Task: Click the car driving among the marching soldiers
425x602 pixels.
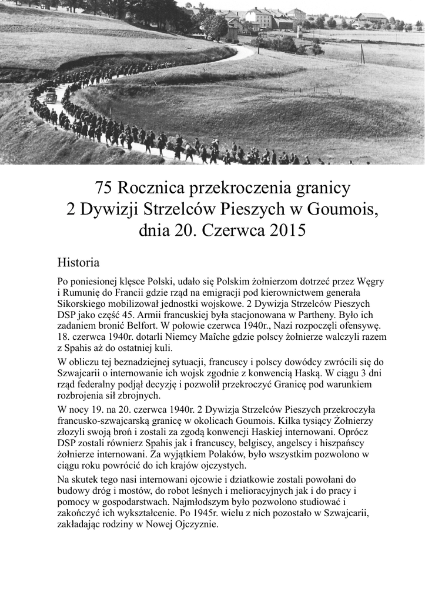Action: pos(51,96)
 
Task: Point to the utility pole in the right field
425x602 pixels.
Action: pos(362,54)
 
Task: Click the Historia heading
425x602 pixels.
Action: pos(78,261)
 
